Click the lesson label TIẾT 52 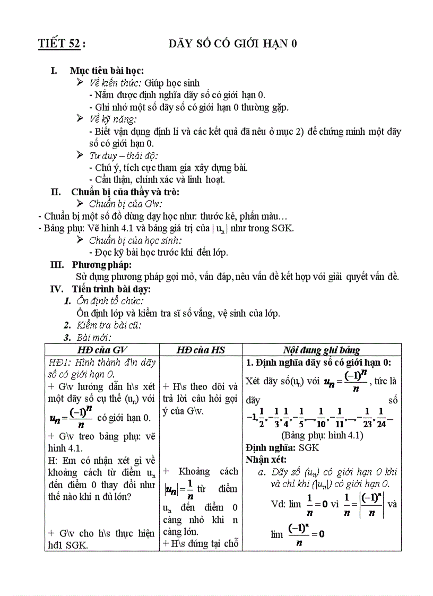click(60, 44)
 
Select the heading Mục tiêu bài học click(107, 71)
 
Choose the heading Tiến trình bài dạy click(111, 289)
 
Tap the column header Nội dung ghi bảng click(321, 350)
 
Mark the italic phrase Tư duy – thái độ click(123, 156)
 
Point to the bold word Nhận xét click(266, 459)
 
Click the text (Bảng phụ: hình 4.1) click(321, 435)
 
